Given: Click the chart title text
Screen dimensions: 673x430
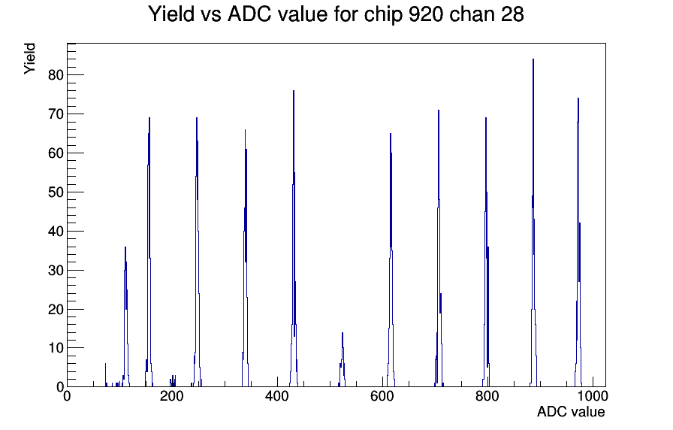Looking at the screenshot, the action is [336, 14].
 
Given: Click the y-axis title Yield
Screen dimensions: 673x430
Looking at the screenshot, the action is [29, 59].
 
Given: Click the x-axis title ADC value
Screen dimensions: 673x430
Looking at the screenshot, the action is [571, 411].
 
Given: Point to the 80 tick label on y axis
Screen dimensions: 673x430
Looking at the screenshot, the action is [56, 74].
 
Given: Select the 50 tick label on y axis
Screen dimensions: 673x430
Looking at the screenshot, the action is [56, 192].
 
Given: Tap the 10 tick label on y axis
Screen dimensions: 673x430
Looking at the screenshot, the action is [56, 348].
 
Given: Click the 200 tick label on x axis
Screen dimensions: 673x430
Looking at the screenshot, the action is [172, 396].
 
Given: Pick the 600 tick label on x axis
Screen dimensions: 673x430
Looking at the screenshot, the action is [382, 396].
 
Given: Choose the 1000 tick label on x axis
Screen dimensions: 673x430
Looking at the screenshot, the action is [593, 396].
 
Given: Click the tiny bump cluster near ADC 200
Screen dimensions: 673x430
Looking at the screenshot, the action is [173, 381].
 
